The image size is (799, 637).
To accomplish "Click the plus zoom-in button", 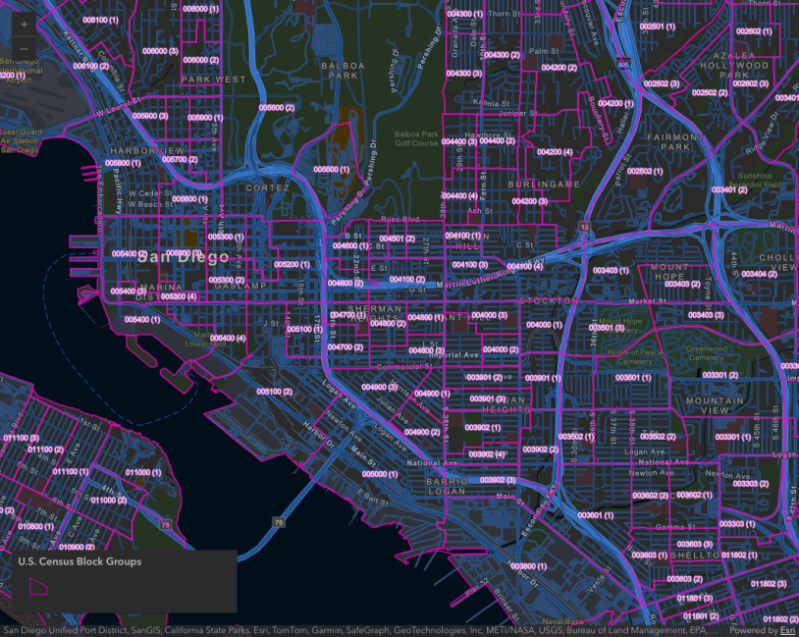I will [24, 24].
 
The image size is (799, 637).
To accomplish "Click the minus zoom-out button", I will [24, 48].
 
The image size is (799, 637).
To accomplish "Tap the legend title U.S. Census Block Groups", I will [80, 561].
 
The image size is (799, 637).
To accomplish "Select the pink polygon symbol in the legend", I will [39, 585].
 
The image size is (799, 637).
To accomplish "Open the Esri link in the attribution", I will [787, 631].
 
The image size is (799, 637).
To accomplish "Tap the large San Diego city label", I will [184, 257].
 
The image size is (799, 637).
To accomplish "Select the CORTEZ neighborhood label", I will [268, 186].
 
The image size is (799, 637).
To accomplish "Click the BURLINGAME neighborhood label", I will [544, 184].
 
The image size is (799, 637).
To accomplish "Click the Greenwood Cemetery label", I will [706, 352].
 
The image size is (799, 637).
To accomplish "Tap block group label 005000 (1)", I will [378, 473].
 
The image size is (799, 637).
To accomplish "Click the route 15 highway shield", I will [584, 227].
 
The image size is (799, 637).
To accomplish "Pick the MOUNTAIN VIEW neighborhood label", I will [715, 406].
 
